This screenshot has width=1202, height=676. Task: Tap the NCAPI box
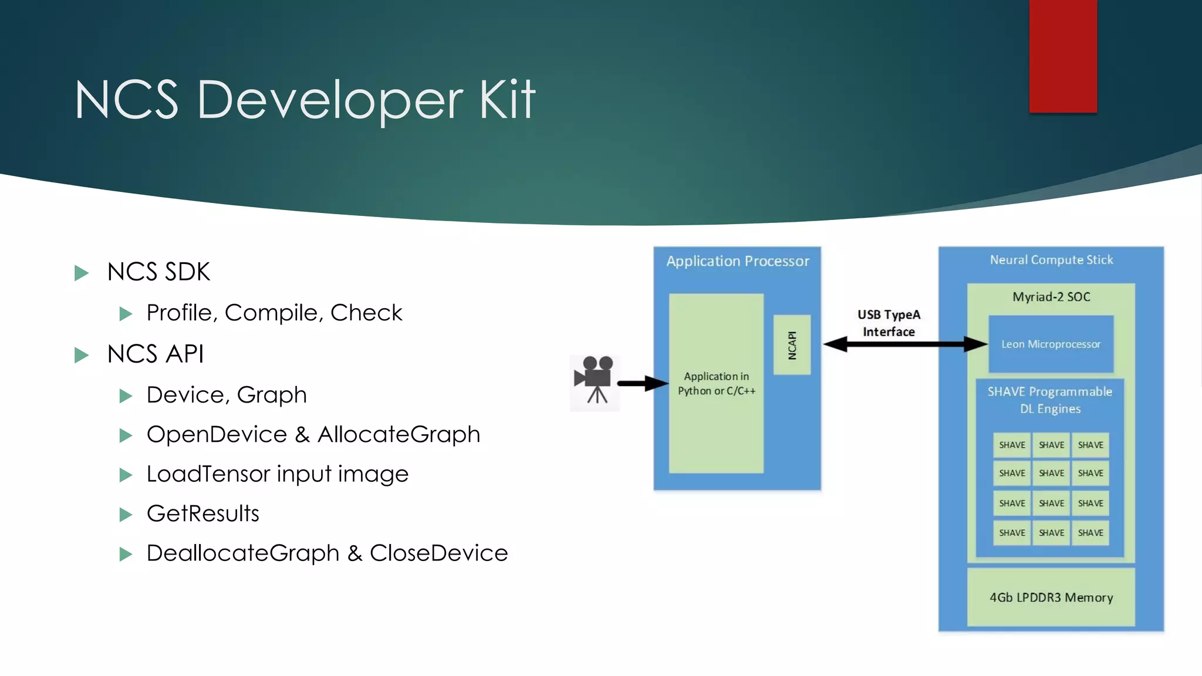click(792, 345)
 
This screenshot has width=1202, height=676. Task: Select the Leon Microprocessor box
click(1051, 344)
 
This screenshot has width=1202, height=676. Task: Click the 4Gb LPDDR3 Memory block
click(1051, 597)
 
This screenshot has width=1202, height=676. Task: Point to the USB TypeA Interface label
click(889, 323)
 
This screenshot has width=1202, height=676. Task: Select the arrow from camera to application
click(643, 384)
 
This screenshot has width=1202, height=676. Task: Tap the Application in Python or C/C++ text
click(716, 384)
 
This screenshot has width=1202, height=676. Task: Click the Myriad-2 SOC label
click(1051, 297)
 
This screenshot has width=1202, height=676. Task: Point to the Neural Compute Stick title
click(1051, 260)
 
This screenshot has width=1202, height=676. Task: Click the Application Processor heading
click(738, 261)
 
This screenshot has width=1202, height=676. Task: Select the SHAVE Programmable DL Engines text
click(1049, 400)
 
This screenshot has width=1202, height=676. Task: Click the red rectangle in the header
click(1063, 56)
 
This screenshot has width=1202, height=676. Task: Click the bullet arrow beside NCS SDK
click(82, 273)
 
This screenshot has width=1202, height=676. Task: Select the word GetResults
click(203, 514)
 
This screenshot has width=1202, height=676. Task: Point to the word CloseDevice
click(438, 553)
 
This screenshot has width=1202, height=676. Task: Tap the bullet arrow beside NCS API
click(82, 355)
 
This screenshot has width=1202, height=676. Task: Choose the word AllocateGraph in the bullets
click(399, 435)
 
